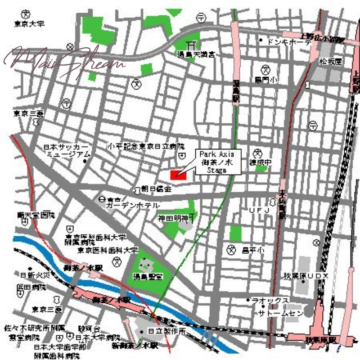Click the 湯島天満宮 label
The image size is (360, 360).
[196, 54]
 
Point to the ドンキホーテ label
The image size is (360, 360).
[288, 41]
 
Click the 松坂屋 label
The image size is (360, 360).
[331, 61]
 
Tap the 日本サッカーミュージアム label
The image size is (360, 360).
[67, 150]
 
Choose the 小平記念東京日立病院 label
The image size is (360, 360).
[146, 147]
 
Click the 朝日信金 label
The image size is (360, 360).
[156, 189]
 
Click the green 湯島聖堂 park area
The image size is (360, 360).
[146, 272]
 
